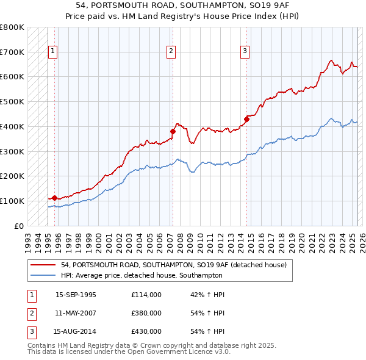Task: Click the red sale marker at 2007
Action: (x=173, y=131)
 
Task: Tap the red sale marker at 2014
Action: (x=247, y=118)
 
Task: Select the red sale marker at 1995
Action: (x=54, y=197)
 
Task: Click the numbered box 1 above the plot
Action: (x=54, y=52)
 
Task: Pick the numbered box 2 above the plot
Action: (x=171, y=52)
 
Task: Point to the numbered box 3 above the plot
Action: (x=245, y=52)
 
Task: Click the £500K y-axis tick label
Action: (x=12, y=101)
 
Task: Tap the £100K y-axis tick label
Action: (x=12, y=201)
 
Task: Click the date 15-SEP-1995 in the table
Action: (x=76, y=295)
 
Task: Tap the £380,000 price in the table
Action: (x=146, y=313)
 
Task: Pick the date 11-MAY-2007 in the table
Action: (x=76, y=313)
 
